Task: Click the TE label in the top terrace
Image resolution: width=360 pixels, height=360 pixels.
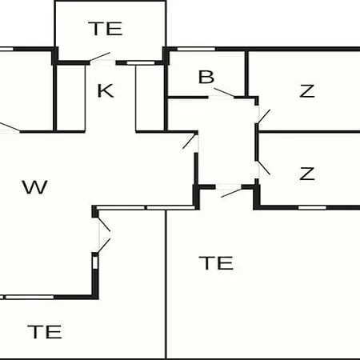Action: coord(106,29)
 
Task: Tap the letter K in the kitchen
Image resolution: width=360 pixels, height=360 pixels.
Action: coord(106,90)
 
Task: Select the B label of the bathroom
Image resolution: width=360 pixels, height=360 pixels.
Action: coord(206,77)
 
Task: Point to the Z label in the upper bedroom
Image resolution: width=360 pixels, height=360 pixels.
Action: coord(307,90)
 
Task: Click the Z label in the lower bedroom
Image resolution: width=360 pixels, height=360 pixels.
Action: coord(307,174)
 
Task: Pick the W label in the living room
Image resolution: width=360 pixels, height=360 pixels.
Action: coord(35,187)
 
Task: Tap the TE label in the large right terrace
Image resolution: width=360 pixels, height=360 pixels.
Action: coord(216,263)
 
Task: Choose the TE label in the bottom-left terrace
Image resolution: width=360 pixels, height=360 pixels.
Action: coord(45,332)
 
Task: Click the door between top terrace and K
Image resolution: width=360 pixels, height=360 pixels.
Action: coord(100,57)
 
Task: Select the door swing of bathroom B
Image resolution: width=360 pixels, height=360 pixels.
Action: coord(224,92)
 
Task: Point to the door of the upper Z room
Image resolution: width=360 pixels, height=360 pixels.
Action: coord(264,116)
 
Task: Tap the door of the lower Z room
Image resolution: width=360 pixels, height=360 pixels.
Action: coord(264,167)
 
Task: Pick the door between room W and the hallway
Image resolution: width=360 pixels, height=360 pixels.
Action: coord(190,142)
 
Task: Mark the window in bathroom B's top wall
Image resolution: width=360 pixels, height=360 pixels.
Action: coord(196,49)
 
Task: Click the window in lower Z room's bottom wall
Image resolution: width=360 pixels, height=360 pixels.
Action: coord(312,207)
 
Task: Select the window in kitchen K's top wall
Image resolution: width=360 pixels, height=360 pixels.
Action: coord(141,63)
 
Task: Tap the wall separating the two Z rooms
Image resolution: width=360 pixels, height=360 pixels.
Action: coord(310,132)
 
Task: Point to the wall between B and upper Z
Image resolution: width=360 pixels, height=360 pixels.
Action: coord(246,74)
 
